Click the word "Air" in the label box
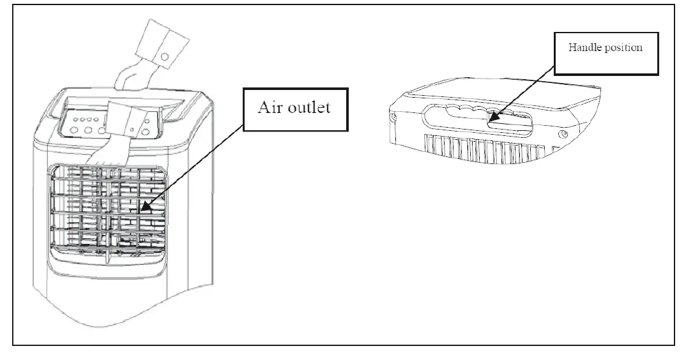point(270,107)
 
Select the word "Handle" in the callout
point(583,48)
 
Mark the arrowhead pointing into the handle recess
point(492,119)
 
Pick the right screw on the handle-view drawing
point(563,134)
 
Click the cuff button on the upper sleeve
point(165,57)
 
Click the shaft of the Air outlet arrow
point(192,167)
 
